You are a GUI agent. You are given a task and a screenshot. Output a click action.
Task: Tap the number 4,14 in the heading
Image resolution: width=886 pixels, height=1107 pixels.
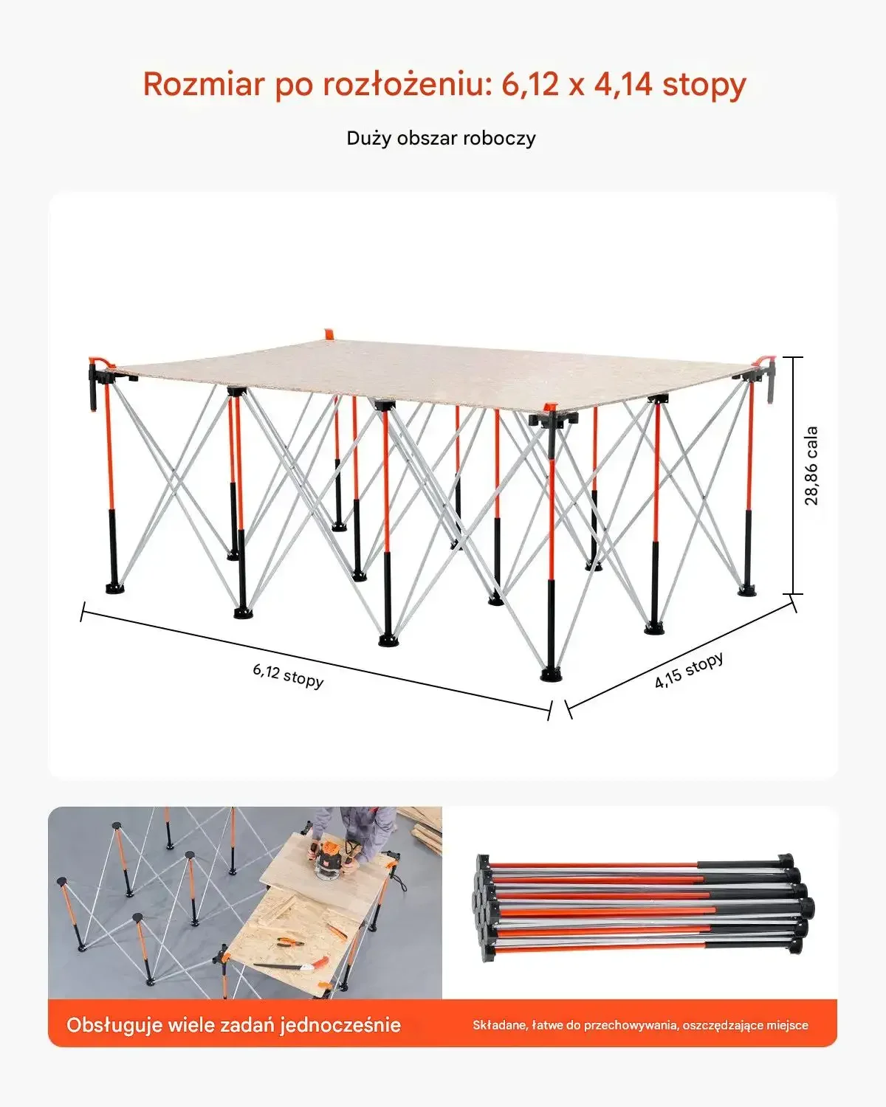623,85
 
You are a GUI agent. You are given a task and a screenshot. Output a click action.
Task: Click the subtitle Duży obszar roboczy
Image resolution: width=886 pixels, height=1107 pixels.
442,139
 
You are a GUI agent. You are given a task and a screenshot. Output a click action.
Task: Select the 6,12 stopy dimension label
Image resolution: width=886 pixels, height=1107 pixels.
288,675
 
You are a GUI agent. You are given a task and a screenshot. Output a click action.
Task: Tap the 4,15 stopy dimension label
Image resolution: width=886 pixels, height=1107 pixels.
689,669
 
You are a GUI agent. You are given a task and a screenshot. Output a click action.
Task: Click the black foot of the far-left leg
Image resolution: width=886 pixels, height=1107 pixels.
115,588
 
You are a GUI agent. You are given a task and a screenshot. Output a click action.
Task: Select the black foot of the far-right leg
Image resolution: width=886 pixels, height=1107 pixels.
747,590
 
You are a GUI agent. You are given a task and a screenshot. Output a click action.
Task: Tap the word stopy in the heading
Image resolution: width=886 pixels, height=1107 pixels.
704,85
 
